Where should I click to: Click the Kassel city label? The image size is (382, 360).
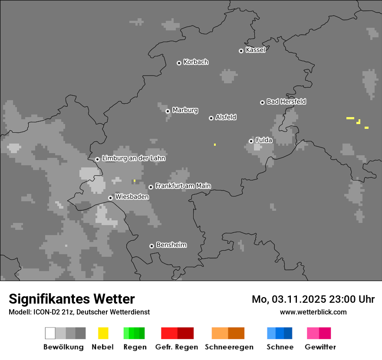point(255,50)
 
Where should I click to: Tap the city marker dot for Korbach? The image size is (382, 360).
point(179,63)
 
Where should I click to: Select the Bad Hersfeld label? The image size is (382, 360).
point(286,101)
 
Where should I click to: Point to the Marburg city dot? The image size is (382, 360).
point(168,111)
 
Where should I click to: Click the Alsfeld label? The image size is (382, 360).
point(226,117)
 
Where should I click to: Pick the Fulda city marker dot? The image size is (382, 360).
point(251,141)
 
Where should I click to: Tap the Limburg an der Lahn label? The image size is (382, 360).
point(133,158)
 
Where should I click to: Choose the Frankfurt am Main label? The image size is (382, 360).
point(183,186)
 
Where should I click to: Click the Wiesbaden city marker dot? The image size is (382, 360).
point(111,198)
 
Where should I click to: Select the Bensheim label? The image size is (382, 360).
point(171,245)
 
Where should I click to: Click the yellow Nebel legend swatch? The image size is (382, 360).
point(103,333)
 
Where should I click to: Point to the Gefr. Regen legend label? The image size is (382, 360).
point(177,347)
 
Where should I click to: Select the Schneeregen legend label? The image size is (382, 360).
point(229,347)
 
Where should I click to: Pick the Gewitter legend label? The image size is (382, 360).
point(320,347)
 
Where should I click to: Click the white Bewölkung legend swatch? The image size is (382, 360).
point(50,333)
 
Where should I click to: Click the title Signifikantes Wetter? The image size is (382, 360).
point(72,299)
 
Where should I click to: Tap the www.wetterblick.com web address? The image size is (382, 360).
point(313,312)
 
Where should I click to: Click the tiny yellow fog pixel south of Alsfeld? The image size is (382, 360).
point(215,144)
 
